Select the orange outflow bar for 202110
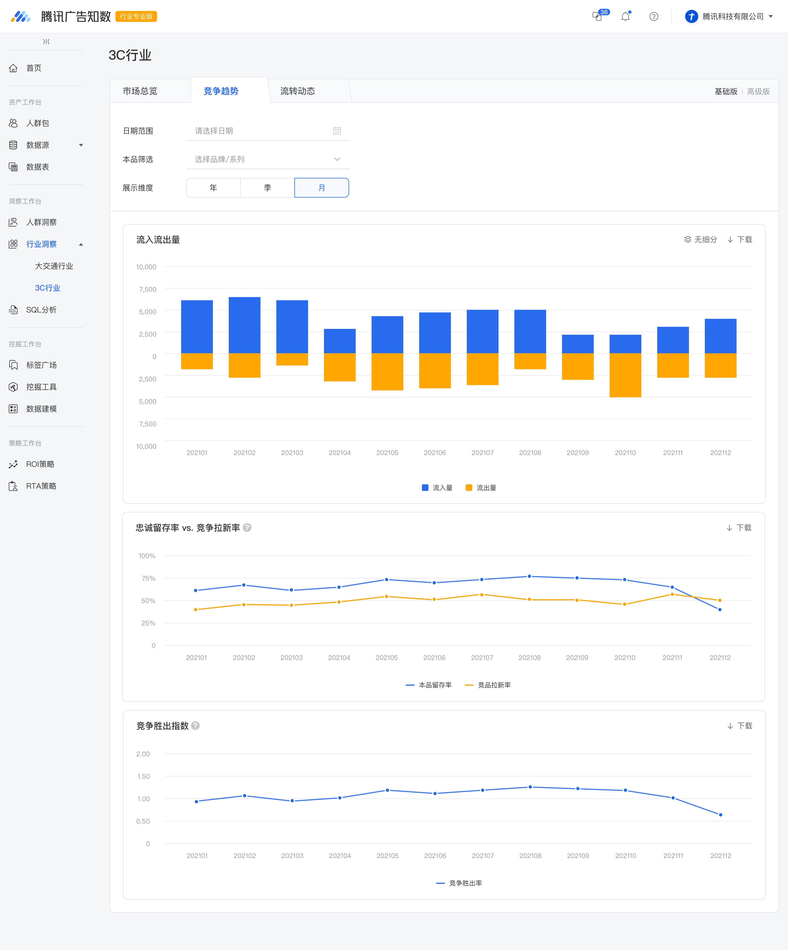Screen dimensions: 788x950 (x=625, y=375)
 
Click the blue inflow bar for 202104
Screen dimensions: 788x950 (x=340, y=341)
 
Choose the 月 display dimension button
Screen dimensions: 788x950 (x=321, y=188)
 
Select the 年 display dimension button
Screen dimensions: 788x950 (x=213, y=188)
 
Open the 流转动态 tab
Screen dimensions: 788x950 (x=298, y=91)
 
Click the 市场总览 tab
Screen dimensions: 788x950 (x=140, y=91)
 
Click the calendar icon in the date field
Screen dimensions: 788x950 (x=337, y=131)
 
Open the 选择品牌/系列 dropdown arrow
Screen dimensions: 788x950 (x=337, y=159)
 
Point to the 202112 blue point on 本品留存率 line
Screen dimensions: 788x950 (x=720, y=609)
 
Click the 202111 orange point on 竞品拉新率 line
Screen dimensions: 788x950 (x=672, y=594)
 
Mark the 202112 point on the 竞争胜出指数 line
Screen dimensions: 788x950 (x=721, y=815)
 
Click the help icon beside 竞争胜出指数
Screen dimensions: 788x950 (x=195, y=726)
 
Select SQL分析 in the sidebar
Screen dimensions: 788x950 (x=41, y=310)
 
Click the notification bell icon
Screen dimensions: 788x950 (x=625, y=17)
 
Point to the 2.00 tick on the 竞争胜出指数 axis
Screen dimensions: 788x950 (x=143, y=754)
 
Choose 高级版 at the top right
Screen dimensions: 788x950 (x=759, y=91)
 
